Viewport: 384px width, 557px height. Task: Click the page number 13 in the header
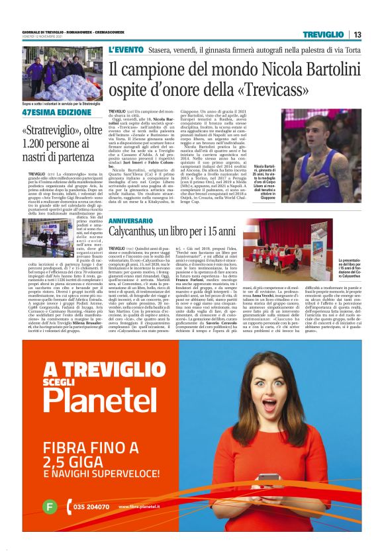(358, 34)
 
